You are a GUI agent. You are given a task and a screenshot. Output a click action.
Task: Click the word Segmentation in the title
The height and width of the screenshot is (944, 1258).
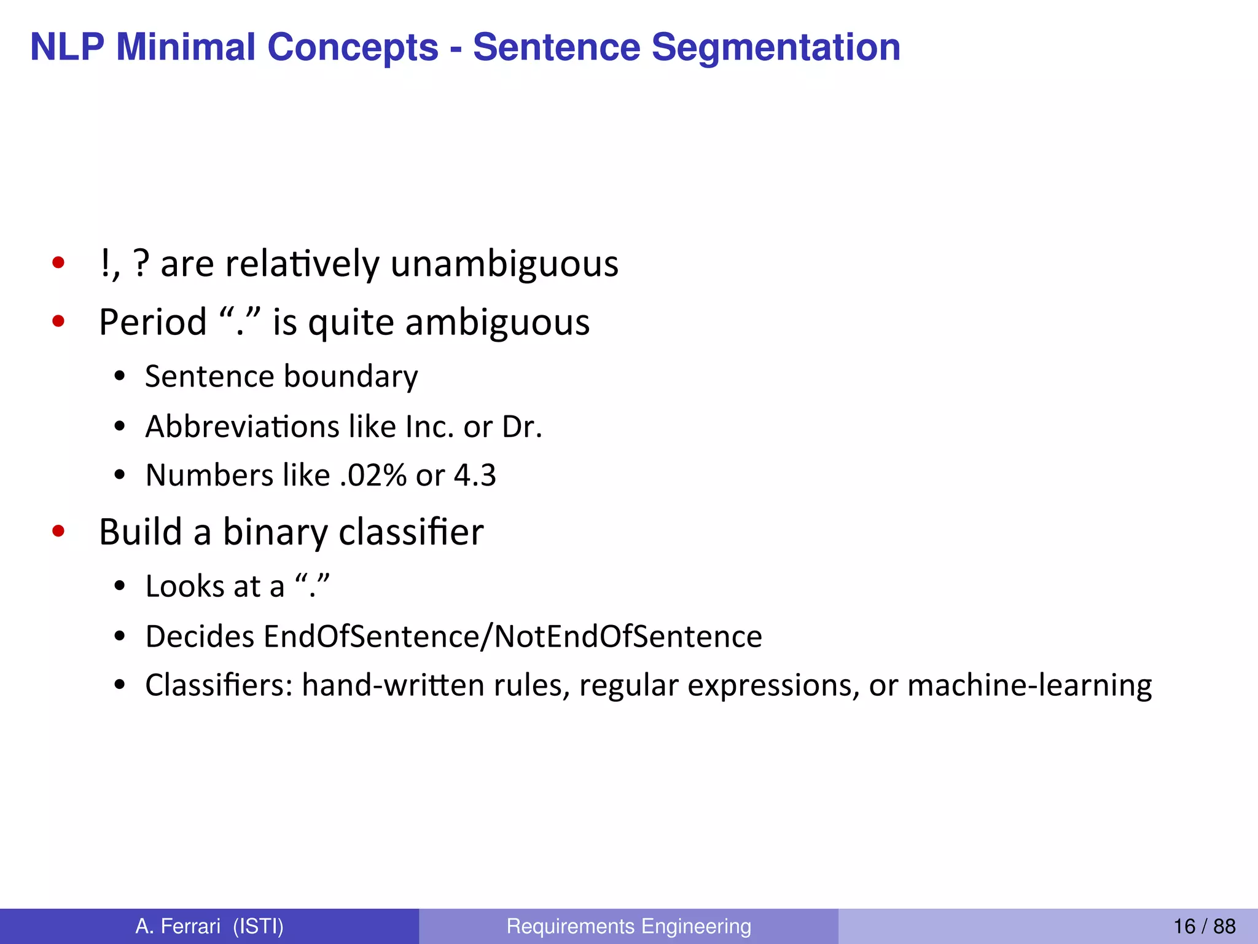coord(775,47)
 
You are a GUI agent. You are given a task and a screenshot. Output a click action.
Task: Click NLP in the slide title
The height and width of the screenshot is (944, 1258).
coord(67,47)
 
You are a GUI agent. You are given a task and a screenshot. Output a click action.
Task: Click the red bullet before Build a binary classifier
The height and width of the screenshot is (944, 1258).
coord(59,531)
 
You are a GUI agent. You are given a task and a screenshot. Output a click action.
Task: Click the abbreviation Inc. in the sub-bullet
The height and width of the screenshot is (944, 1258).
coord(429,427)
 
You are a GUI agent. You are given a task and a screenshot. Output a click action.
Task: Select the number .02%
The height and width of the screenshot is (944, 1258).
coord(373,475)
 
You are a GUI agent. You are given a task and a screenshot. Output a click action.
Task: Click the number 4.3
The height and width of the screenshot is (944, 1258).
coord(475,475)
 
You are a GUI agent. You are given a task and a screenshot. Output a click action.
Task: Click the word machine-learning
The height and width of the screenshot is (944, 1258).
coord(1029,685)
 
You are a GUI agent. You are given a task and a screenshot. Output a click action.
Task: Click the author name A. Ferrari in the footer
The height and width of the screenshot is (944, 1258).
coord(178,926)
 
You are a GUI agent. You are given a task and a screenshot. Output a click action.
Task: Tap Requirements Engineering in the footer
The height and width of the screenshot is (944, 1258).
coord(628,926)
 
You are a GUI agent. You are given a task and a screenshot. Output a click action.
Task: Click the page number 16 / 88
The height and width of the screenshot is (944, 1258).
coord(1204,926)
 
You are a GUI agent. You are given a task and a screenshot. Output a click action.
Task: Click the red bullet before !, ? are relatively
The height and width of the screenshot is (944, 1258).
coord(59,264)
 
